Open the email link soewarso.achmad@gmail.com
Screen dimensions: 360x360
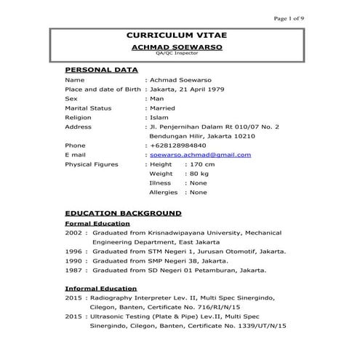(x=200, y=154)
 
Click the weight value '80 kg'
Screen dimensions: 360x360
(x=199, y=174)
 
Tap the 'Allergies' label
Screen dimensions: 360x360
(x=163, y=193)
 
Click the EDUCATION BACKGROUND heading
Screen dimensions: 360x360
(x=123, y=214)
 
